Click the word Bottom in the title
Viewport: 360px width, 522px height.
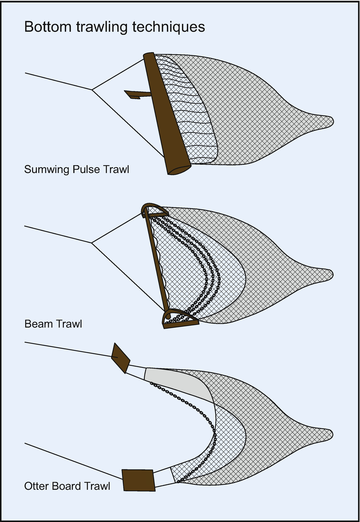pos(48,26)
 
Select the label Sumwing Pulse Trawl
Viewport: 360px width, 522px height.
pos(77,169)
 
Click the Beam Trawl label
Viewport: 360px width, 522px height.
pos(53,324)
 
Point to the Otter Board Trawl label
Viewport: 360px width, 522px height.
pos(67,486)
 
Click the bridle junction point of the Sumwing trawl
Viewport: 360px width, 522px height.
pos(93,89)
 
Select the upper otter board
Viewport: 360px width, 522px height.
pos(120,357)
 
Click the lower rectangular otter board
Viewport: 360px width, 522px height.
pos(138,480)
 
